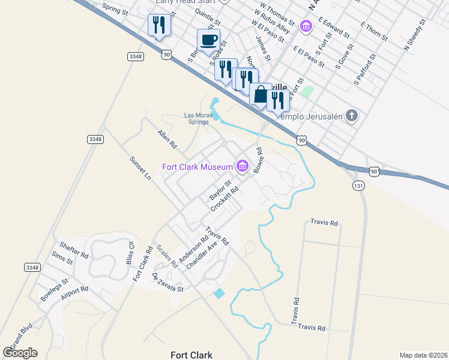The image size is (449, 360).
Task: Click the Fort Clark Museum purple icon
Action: pyautogui.click(x=243, y=166)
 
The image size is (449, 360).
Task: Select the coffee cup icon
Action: pyautogui.click(x=208, y=40)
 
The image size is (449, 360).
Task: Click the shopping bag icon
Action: pyautogui.click(x=261, y=94)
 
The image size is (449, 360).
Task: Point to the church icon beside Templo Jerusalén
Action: pyautogui.click(x=352, y=116)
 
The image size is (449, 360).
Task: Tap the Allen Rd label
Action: pyautogui.click(x=167, y=140)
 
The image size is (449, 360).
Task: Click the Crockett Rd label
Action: pyautogui.click(x=225, y=198)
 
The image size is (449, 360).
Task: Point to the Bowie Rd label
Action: pyautogui.click(x=258, y=160)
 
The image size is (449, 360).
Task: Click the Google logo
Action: pyautogui.click(x=20, y=353)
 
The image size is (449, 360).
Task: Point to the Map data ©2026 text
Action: pyautogui.click(x=423, y=355)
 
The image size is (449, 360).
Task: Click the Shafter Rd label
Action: pyautogui.click(x=74, y=250)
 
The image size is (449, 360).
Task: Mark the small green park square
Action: pyautogui.click(x=307, y=92)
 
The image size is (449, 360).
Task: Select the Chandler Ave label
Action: pyautogui.click(x=201, y=255)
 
